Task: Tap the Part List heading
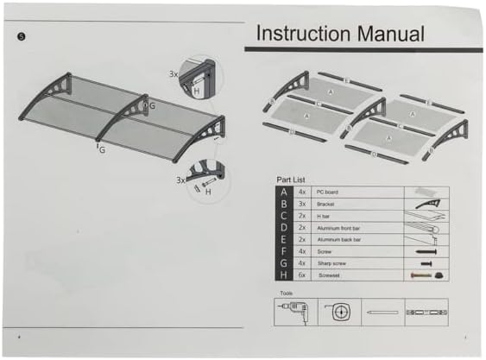(290, 180)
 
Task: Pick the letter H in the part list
(283, 275)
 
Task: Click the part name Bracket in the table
(325, 203)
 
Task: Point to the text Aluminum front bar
(339, 227)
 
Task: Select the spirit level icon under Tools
(426, 311)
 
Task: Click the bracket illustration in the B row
(426, 203)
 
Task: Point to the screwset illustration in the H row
(426, 275)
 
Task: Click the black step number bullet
(22, 36)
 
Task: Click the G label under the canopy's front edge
(103, 148)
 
